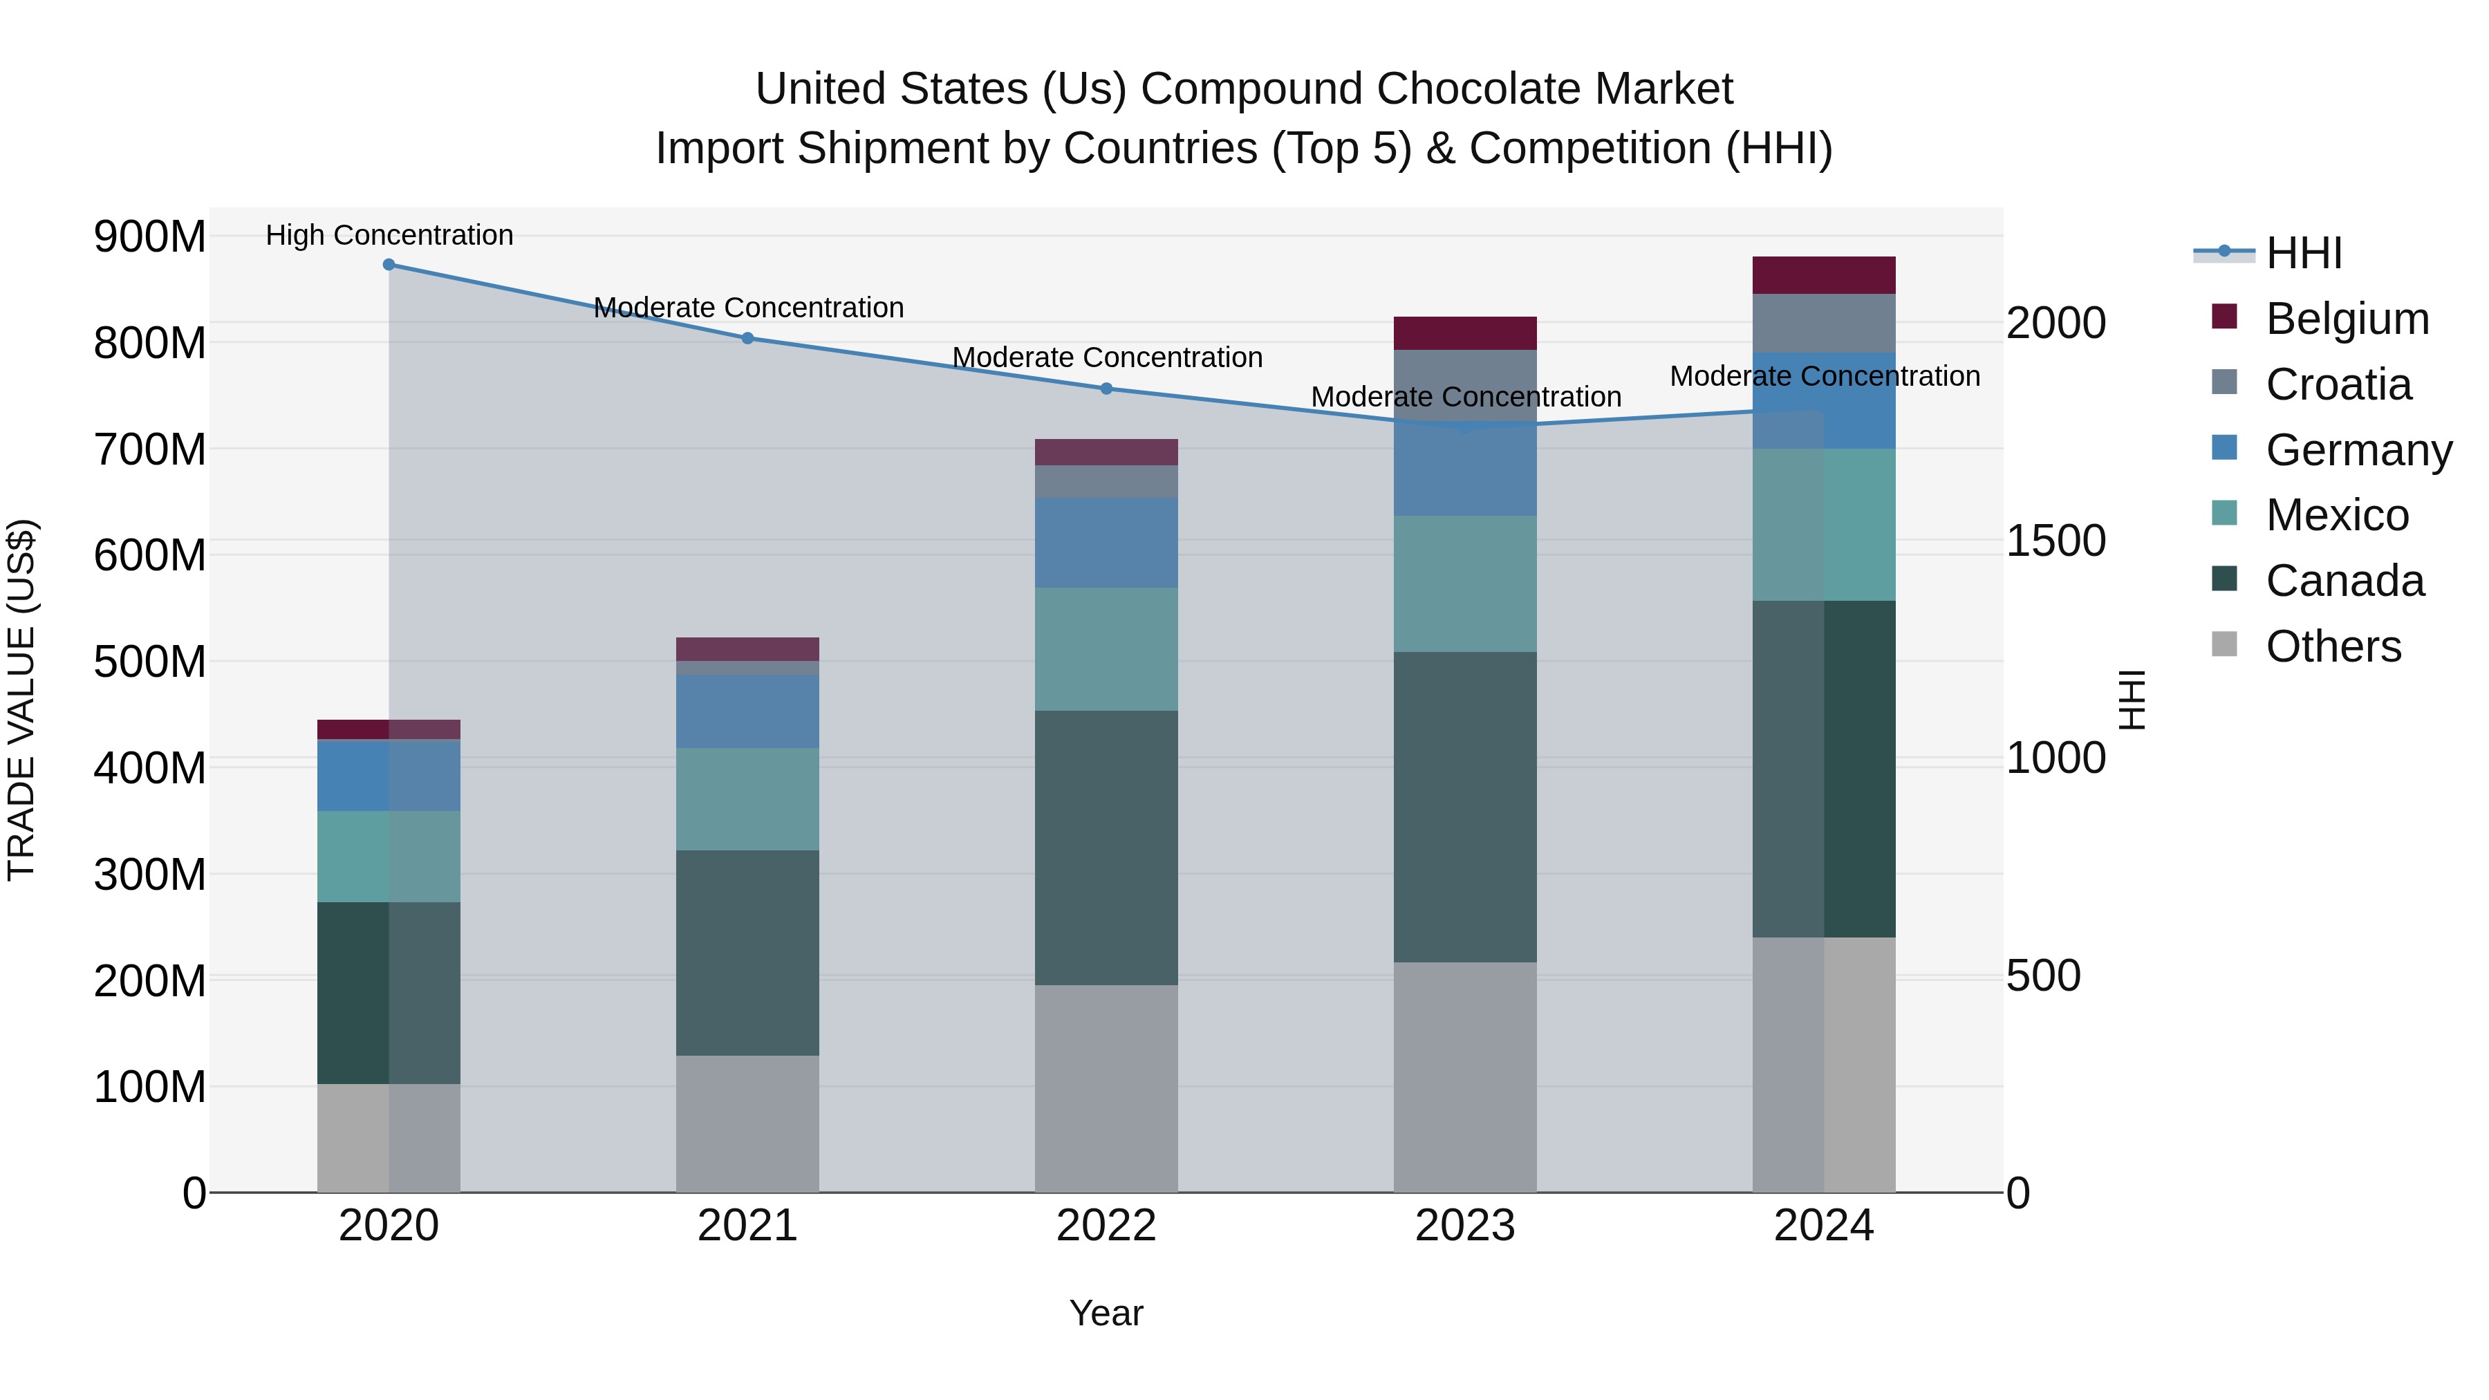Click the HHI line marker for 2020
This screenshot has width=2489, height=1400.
(x=389, y=265)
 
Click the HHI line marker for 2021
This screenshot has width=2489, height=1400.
(x=748, y=338)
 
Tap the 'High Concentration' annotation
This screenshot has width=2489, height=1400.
(x=389, y=235)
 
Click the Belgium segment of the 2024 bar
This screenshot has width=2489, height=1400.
(x=1825, y=275)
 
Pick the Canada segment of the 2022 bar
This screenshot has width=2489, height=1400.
(x=1106, y=848)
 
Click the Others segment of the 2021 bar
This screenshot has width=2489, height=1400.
(x=748, y=1123)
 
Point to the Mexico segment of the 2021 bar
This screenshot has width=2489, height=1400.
(x=748, y=799)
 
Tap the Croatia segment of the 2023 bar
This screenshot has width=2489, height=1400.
(x=1465, y=382)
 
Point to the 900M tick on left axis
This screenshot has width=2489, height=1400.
(x=150, y=236)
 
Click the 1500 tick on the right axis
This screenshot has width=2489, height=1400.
(x=2056, y=541)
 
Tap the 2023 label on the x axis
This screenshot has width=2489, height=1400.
(x=1465, y=1226)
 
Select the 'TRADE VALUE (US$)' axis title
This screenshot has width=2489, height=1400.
(x=21, y=700)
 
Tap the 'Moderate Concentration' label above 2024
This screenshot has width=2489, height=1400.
(x=1825, y=376)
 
